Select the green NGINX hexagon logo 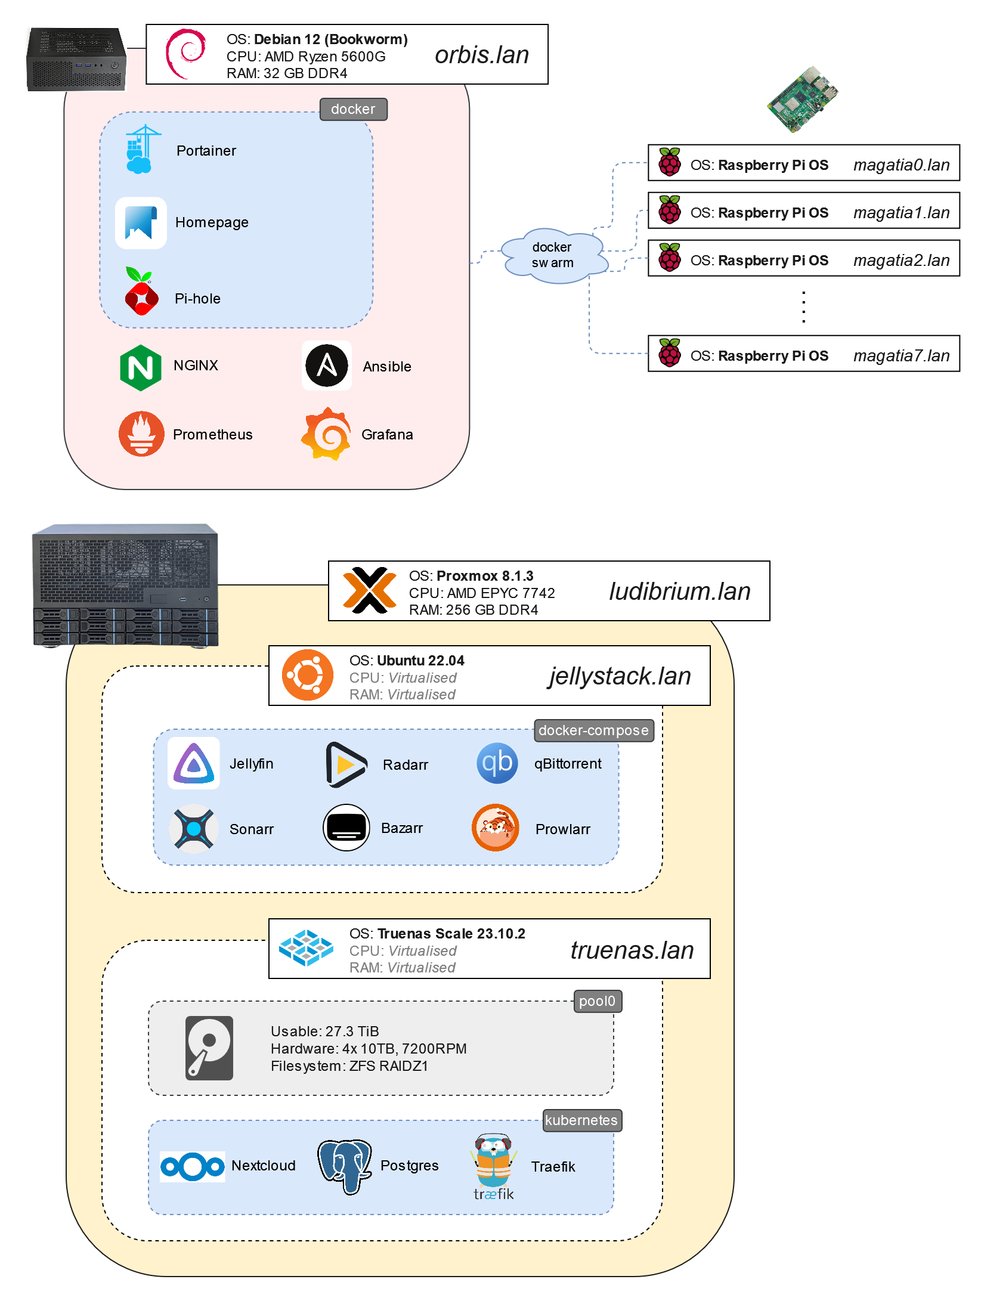[141, 367]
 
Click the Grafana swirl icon [326, 434]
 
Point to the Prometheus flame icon [141, 433]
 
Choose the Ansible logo [327, 365]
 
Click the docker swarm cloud [553, 255]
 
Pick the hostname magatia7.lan [901, 356]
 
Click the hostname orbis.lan [482, 55]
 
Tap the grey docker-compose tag [593, 730]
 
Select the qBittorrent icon [497, 763]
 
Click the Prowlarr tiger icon [496, 828]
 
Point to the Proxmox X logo [370, 590]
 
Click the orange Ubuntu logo [307, 675]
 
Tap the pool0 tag [597, 1001]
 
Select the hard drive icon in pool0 [209, 1048]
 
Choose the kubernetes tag [581, 1120]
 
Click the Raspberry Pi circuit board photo [803, 99]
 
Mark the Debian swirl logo [186, 54]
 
